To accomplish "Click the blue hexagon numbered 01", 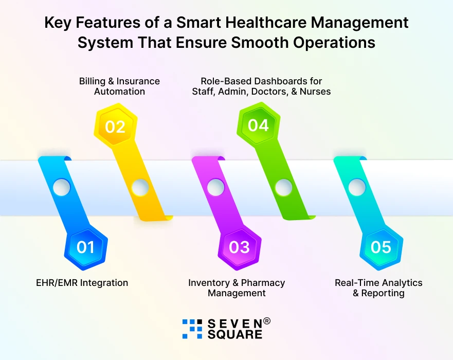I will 86,247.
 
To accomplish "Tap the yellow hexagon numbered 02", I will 115,126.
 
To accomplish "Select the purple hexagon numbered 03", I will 239,247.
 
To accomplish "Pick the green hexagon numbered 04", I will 258,125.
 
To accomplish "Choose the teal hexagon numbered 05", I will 381,247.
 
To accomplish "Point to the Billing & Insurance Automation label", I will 119,86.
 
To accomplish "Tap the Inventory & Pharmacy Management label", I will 237,288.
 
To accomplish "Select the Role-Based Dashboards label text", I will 261,86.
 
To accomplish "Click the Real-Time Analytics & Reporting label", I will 378,288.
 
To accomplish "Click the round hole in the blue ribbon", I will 61,187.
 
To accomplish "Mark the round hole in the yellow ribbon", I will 140,188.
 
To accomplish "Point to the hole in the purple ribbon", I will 215,187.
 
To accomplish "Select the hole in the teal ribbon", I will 357,187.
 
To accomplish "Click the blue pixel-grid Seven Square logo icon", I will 192,329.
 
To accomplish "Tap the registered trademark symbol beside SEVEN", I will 267,321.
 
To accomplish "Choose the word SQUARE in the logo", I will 235,335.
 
